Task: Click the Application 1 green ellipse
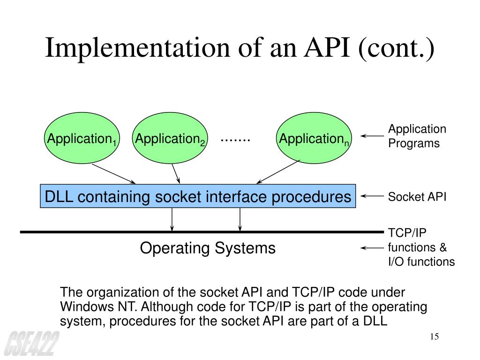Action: tap(82, 138)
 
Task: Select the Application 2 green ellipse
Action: tap(170, 138)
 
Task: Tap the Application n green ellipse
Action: tap(314, 138)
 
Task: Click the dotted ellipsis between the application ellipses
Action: tap(235, 140)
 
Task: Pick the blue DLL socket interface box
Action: tap(198, 196)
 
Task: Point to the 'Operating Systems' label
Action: tap(208, 248)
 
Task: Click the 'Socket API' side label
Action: tap(417, 197)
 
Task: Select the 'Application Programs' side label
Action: tap(417, 136)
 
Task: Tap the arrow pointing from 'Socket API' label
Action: tap(372, 196)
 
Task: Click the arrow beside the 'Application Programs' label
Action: tap(372, 136)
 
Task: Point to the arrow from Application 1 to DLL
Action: tap(113, 174)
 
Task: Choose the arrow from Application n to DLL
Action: tap(278, 172)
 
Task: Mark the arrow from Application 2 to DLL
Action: tap(176, 174)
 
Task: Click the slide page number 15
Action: tap(434, 337)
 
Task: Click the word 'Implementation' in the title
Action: tap(137, 48)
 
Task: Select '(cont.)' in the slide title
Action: tap(396, 49)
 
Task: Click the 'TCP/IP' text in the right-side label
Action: tap(407, 233)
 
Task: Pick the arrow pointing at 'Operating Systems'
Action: tap(372, 248)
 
